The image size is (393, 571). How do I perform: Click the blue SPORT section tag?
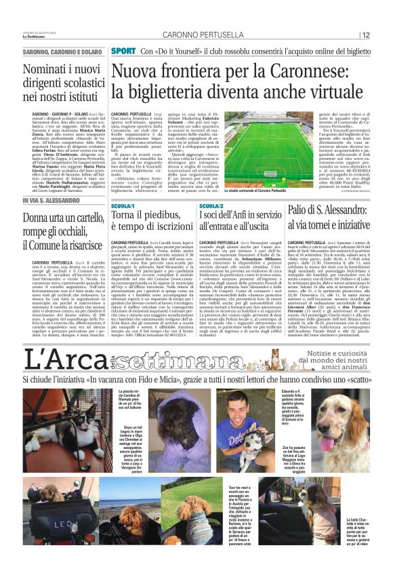point(123,52)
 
